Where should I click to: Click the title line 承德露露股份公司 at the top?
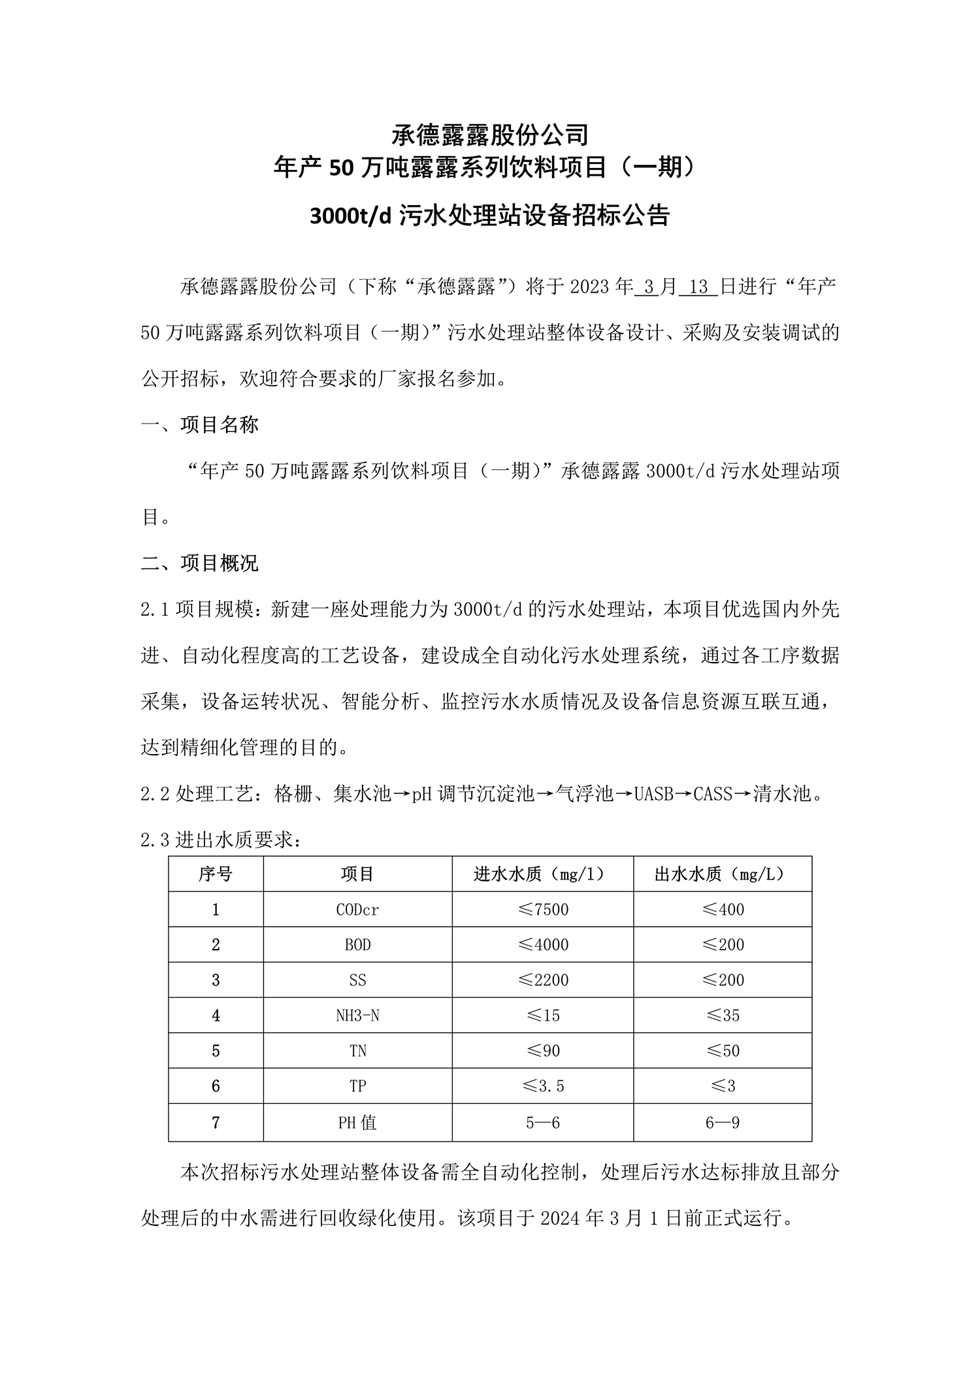coord(490,135)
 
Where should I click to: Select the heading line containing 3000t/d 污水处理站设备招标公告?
coord(490,215)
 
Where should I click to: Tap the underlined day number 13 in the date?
coord(698,287)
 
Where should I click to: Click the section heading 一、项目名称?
coord(200,425)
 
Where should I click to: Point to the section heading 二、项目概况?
coord(200,563)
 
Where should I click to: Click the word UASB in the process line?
coord(653,795)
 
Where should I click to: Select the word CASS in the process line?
coord(713,795)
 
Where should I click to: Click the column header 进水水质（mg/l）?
coord(542,874)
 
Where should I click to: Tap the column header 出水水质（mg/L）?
coord(723,874)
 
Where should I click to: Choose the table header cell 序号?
coord(216,874)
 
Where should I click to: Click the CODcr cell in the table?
coord(357,909)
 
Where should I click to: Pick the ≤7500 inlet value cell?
coord(542,909)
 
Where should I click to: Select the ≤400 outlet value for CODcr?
coord(723,909)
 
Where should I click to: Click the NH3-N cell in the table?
coord(357,1015)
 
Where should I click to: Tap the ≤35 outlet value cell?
coord(723,1015)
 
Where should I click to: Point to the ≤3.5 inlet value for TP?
coord(542,1086)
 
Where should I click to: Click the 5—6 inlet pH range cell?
coord(542,1123)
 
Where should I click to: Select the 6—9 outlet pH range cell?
coord(723,1123)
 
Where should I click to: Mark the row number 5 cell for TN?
coord(216,1051)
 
